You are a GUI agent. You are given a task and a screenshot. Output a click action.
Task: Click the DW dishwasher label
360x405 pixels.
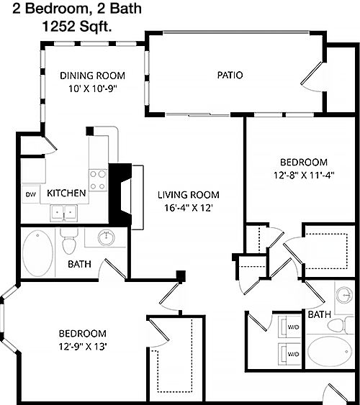31,194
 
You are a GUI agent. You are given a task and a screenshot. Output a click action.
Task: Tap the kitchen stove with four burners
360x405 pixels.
98,180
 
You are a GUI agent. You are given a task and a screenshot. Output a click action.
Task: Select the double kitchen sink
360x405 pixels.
63,213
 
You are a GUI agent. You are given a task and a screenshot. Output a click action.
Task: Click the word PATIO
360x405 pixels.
230,75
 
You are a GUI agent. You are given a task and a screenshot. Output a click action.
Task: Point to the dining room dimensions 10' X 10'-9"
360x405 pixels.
93,89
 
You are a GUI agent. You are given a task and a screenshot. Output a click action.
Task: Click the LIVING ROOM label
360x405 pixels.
189,195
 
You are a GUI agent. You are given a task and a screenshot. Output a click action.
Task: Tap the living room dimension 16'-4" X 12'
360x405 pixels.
189,208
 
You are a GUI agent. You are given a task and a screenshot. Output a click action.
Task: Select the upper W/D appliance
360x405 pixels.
289,327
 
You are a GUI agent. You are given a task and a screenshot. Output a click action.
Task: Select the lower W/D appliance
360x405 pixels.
289,354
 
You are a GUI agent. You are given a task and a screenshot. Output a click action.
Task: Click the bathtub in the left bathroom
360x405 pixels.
37,253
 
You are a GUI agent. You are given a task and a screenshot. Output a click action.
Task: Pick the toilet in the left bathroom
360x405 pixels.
69,241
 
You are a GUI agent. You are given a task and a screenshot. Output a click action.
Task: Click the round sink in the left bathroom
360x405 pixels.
107,237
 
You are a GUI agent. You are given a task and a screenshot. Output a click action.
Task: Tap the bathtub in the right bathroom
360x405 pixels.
330,351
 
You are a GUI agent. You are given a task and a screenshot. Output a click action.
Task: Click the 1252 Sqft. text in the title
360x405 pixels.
77,27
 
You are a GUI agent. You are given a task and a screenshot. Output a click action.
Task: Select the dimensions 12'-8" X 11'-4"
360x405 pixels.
304,176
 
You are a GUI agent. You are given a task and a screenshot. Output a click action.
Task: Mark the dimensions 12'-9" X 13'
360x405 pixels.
83,346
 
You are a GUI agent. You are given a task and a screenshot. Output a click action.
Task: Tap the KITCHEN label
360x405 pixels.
66,194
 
